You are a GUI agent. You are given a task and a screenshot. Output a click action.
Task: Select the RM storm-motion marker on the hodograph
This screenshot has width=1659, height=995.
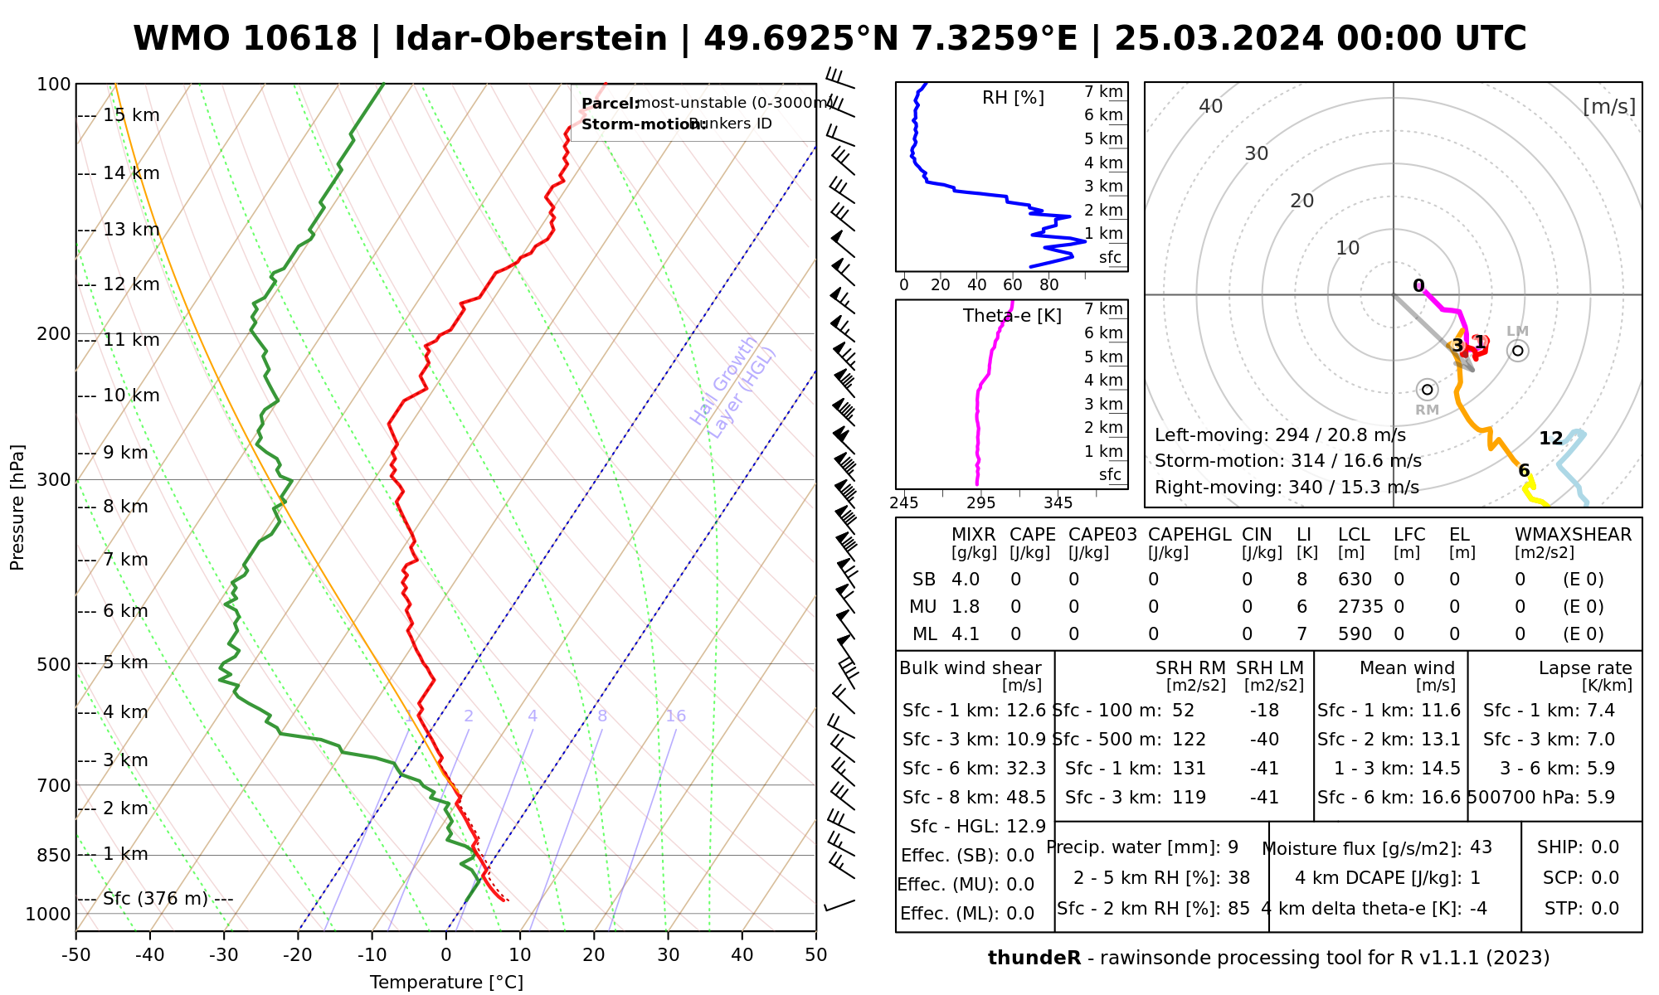[1427, 390]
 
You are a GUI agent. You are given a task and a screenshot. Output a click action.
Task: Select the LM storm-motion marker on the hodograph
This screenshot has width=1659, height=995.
[1518, 351]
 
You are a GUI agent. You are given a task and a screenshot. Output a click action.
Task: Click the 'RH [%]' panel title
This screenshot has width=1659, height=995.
[1013, 98]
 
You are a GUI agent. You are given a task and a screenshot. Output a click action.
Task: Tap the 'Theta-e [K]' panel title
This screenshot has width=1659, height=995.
[1012, 316]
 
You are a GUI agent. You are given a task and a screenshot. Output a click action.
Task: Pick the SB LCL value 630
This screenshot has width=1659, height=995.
[1355, 580]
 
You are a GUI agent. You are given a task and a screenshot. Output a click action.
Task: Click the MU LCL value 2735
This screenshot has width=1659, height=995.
[1360, 607]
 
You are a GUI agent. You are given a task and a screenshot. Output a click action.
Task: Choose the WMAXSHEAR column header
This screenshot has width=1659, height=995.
[1573, 535]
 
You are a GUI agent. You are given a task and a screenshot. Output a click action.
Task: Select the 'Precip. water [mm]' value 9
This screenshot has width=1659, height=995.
[1233, 847]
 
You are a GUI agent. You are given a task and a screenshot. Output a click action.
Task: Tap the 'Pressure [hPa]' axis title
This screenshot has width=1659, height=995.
[17, 507]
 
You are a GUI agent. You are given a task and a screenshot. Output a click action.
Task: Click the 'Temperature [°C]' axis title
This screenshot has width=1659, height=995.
[446, 983]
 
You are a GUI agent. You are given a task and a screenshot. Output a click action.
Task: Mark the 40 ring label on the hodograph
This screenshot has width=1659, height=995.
[1211, 106]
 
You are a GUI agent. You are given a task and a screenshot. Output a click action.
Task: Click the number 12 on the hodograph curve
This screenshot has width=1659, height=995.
[1550, 439]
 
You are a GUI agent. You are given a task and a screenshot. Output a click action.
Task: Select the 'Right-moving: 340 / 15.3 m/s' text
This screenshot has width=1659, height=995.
[1287, 488]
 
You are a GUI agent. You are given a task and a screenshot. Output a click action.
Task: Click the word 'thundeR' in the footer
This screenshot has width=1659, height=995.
[1034, 959]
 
